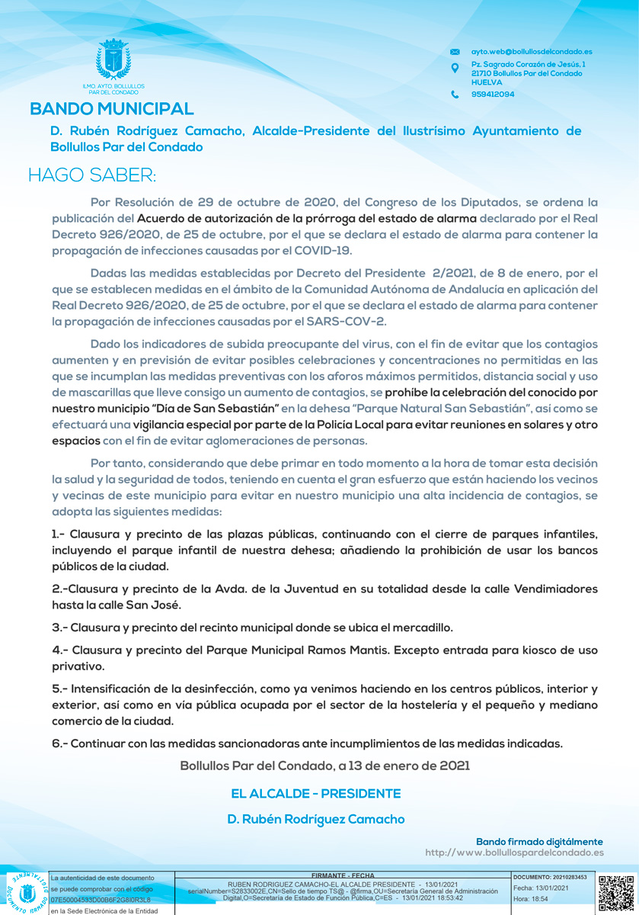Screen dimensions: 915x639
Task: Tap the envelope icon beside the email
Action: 455,52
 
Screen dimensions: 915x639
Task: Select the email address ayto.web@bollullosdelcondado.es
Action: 532,52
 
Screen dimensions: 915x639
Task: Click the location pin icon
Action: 455,69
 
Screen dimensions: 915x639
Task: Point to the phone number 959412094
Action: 493,95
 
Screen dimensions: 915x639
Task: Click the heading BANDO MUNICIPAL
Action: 112,110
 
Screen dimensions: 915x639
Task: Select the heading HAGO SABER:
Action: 92,175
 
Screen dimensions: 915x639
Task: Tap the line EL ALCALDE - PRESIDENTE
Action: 315,794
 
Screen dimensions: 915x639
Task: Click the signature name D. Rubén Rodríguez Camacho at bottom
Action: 315,819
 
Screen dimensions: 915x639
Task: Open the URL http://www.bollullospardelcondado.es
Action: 514,852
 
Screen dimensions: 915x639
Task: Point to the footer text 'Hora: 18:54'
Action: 531,900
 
